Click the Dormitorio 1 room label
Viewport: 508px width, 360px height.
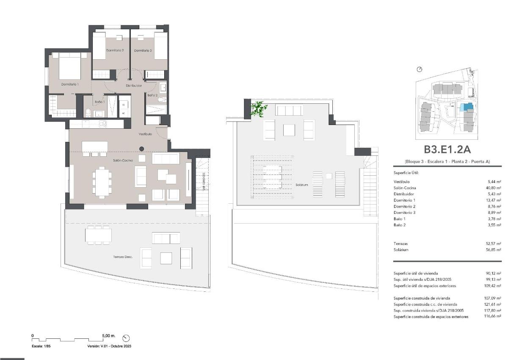[x=69, y=85]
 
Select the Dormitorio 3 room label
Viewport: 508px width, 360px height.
[x=143, y=50]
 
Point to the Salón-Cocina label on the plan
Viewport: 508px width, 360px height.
[x=123, y=161]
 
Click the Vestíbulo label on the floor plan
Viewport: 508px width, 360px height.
[x=145, y=134]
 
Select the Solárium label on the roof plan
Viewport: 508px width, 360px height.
[x=302, y=185]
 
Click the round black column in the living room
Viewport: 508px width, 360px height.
[x=142, y=149]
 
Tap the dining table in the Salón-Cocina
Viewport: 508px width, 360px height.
[x=102, y=182]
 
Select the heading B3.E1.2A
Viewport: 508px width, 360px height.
[x=447, y=150]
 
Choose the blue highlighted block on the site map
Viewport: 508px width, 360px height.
[x=467, y=108]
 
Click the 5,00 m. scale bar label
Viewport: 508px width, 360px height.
[x=109, y=335]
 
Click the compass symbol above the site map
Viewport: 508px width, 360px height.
[x=420, y=69]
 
